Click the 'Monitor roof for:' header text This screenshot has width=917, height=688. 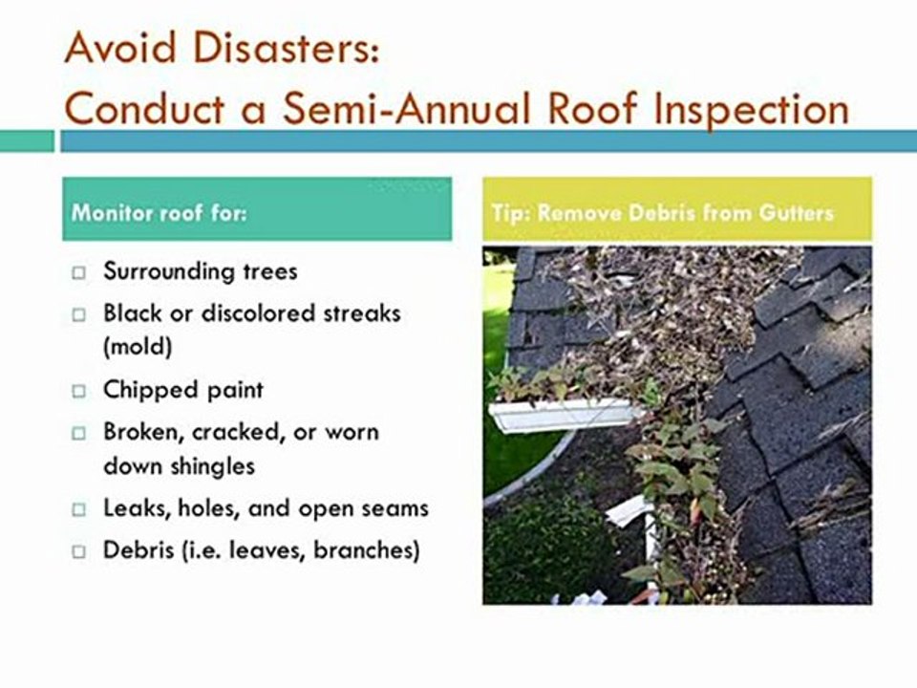click(x=159, y=211)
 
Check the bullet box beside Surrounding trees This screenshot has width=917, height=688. click(x=79, y=273)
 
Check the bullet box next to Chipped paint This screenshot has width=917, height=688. click(x=79, y=392)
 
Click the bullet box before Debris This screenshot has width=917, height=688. click(x=79, y=552)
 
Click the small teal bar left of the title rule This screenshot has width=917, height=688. click(x=27, y=141)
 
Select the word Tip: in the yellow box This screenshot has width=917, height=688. click(x=509, y=211)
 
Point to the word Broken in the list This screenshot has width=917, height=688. click(x=142, y=432)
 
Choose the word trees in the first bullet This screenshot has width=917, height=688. click(x=269, y=271)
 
